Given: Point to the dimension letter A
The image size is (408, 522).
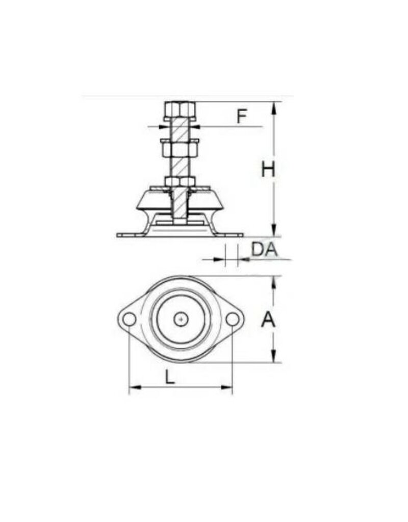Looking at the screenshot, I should click(268, 320).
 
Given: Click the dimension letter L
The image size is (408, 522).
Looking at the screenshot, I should click(170, 377).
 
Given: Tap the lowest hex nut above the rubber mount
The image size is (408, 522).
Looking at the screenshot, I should click(180, 181).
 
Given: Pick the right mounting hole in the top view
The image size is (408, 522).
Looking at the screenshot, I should click(232, 319).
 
